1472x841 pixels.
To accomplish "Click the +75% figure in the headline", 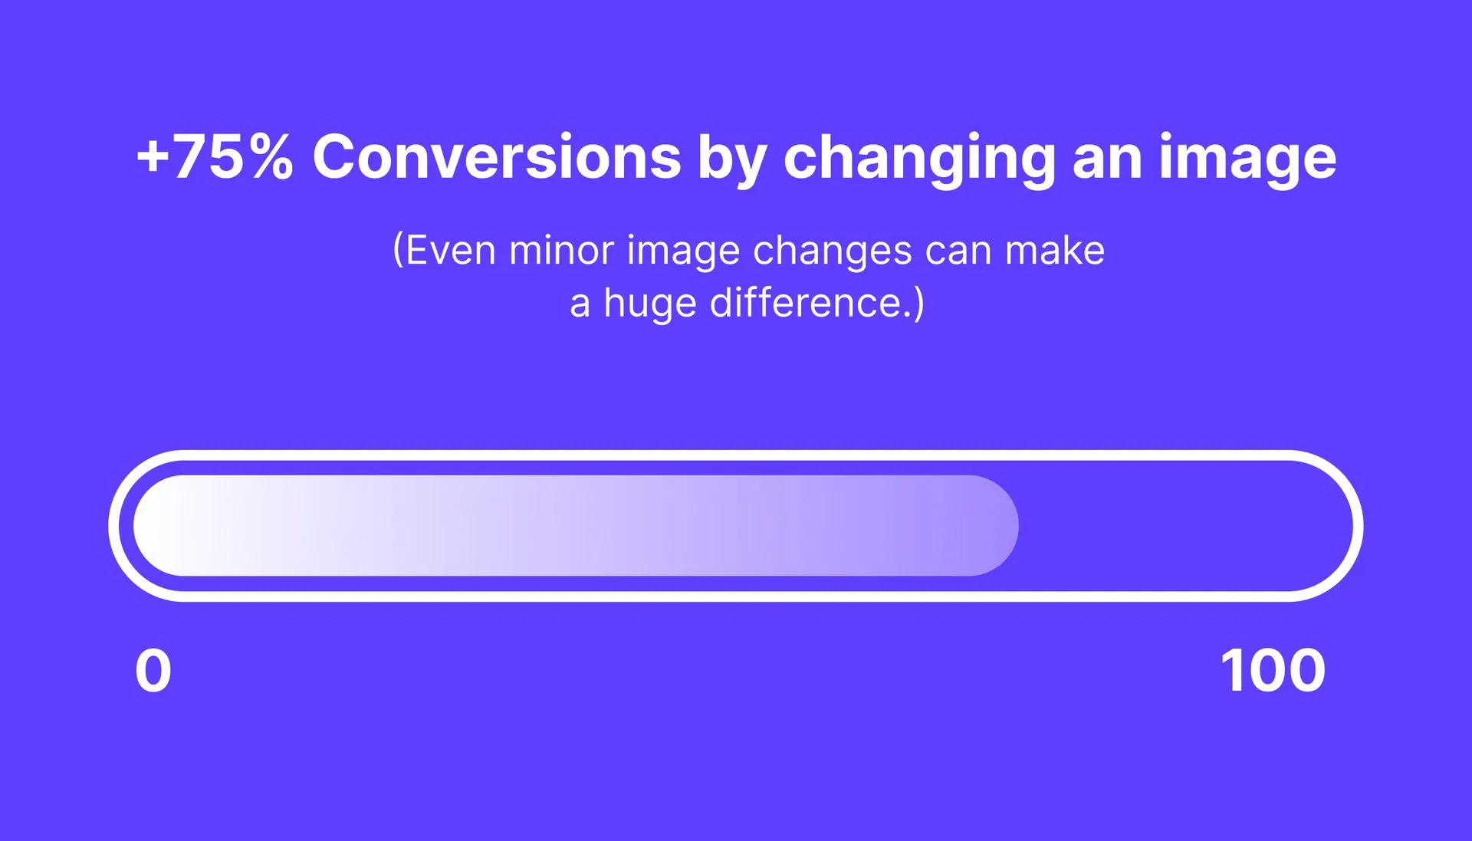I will tap(215, 157).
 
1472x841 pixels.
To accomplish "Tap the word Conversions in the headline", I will tap(497, 157).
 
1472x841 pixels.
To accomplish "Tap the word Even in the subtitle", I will tap(450, 251).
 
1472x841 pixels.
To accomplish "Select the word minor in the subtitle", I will tap(561, 251).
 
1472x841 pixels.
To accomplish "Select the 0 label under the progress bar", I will tap(153, 671).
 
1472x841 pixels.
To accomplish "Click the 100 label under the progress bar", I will tap(1273, 671).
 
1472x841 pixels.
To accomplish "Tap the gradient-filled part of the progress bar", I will tap(575, 526).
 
